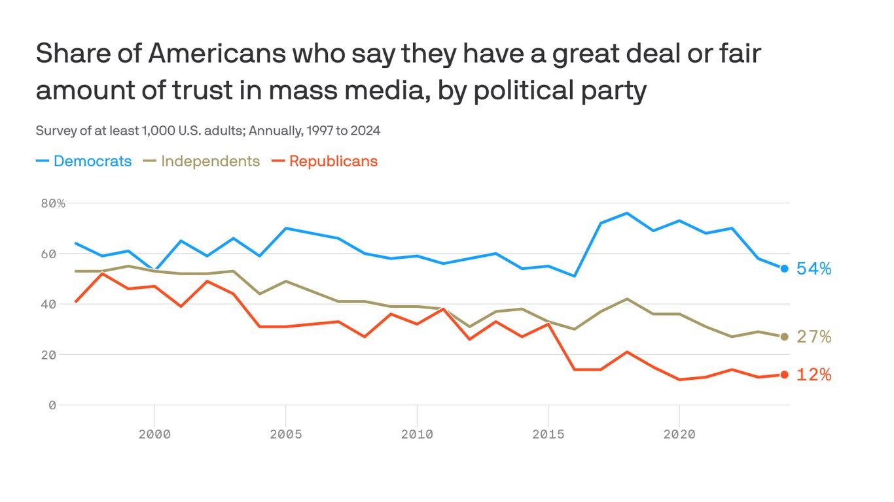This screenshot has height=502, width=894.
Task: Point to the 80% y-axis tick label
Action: point(53,203)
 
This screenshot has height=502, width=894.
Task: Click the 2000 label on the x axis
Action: point(154,434)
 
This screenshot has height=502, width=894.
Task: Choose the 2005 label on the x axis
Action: point(286,434)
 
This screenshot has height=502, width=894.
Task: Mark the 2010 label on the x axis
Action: point(417,434)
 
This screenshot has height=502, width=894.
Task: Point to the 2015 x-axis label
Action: point(548,434)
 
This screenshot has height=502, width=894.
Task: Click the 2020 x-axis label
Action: point(679,434)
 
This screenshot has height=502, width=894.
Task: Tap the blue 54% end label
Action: point(814,269)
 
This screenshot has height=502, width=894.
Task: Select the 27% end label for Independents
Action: point(814,337)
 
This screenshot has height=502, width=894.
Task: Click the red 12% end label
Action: point(814,375)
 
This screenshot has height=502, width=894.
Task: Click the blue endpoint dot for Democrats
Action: point(784,269)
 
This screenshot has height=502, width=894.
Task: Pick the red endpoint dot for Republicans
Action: point(784,375)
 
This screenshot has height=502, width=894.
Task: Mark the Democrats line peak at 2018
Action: point(627,213)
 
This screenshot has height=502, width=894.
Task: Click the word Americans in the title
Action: point(217,54)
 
